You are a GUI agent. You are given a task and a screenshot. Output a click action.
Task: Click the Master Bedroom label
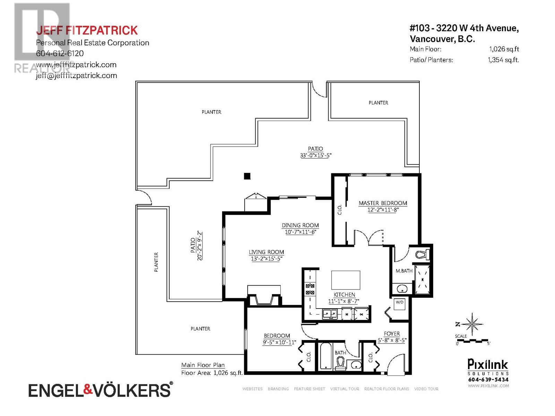tap(383, 203)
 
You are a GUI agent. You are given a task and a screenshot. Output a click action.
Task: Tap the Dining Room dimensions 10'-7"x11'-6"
tap(300, 232)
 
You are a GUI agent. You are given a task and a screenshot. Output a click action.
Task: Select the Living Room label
tap(266, 252)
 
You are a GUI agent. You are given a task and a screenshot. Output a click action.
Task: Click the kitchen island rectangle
tap(345, 280)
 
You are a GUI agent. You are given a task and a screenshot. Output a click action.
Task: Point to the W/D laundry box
tap(400, 304)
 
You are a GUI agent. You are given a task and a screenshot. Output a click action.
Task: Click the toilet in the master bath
tap(422, 254)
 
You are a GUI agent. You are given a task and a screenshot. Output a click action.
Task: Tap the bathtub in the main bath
tap(325, 355)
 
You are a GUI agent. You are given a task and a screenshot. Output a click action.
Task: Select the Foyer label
tap(392, 333)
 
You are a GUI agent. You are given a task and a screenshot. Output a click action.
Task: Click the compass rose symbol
tap(472, 324)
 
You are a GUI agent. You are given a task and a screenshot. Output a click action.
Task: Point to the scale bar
tap(472, 341)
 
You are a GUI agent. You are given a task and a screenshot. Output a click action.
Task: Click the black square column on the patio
tap(247, 176)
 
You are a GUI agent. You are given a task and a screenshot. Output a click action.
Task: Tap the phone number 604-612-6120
tap(60, 53)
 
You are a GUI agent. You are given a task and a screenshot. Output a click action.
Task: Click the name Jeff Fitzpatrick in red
tap(87, 30)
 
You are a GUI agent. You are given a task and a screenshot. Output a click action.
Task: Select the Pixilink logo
tap(487, 365)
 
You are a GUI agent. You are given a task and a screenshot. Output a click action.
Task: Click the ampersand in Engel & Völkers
tap(88, 390)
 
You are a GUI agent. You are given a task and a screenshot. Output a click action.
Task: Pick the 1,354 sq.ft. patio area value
tap(503, 60)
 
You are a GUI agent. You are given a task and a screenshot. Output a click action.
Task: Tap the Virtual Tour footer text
tap(345, 389)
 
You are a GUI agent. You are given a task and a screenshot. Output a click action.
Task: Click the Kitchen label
tap(344, 295)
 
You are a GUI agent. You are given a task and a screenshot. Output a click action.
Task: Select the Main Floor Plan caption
tap(203, 365)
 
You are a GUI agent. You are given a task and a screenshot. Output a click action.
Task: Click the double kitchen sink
tap(329, 314)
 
